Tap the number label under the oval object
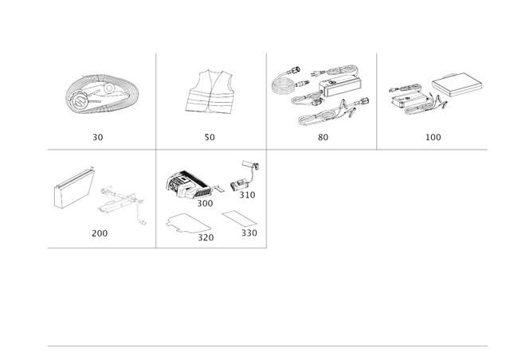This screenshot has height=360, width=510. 98,137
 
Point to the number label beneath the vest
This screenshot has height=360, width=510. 210,137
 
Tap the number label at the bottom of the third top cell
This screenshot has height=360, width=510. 322,137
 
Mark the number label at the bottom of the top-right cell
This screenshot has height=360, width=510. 433,137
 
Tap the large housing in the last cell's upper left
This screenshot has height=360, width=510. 185,185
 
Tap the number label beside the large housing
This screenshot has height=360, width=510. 206,202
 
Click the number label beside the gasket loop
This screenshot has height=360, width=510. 206,236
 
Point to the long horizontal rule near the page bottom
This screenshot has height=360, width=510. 267,346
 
